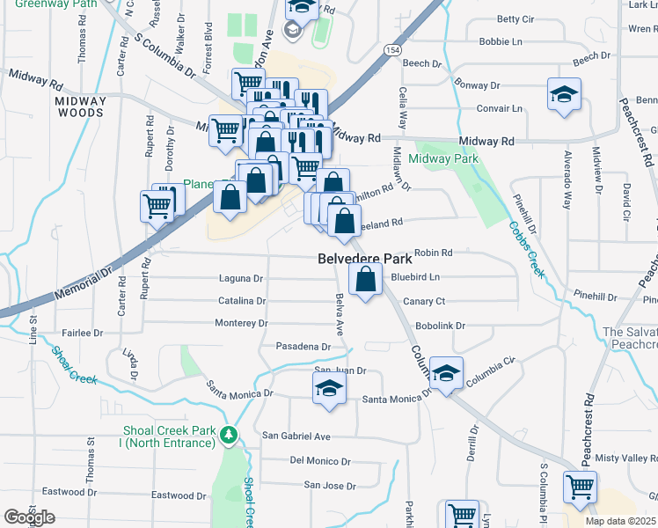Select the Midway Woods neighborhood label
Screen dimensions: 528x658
tap(80, 106)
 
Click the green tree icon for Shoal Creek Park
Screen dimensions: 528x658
tap(229, 435)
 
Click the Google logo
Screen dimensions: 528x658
tap(29, 517)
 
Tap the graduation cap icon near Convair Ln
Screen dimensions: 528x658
tap(563, 95)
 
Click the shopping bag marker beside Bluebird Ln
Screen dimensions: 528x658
tap(365, 281)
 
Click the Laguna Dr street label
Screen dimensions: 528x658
tap(240, 279)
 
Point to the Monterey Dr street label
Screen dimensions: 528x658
tap(241, 323)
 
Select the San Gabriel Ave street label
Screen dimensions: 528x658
tap(296, 436)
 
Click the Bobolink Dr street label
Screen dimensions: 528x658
tap(440, 326)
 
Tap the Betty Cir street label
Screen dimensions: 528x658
tap(515, 18)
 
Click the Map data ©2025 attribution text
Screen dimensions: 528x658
tap(621, 521)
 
